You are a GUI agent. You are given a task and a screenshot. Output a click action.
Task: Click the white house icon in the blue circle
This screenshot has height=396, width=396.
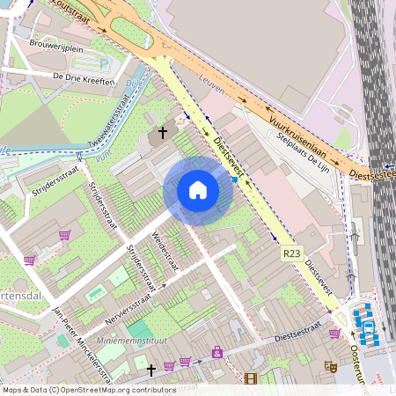tap(198, 190)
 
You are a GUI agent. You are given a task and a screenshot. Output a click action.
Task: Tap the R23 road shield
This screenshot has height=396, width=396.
tap(292, 253)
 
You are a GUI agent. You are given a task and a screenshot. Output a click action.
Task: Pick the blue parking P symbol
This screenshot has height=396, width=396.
tap(105, 63)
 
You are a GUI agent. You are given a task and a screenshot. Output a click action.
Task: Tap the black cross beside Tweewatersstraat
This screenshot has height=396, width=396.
tap(160, 136)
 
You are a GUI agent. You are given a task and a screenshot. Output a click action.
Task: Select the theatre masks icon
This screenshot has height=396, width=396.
tap(330, 366)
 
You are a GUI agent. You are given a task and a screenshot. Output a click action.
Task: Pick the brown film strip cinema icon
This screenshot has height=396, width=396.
tap(252, 379)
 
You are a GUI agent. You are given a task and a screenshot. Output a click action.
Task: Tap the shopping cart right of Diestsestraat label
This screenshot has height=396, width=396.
tap(334, 333)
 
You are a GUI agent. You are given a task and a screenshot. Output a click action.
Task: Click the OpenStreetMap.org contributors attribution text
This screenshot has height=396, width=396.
tap(120, 390)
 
